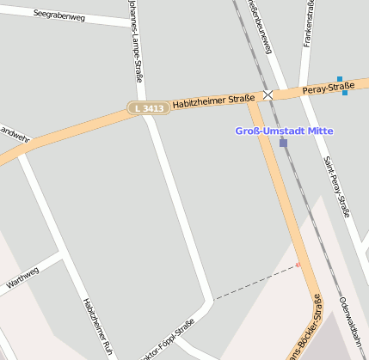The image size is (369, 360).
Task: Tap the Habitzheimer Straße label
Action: pyautogui.click(x=213, y=101)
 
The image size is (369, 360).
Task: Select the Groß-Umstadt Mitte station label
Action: pyautogui.click(x=283, y=131)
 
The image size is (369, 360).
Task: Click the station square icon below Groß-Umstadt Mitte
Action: pyautogui.click(x=283, y=143)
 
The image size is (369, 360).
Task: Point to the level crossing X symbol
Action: pyautogui.click(x=268, y=95)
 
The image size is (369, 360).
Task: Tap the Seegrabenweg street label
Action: pyautogui.click(x=58, y=15)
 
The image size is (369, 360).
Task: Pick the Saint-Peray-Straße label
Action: pyautogui.click(x=338, y=184)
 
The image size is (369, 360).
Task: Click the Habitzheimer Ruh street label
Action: pyautogui.click(x=97, y=326)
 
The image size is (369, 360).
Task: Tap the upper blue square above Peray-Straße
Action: pyautogui.click(x=340, y=80)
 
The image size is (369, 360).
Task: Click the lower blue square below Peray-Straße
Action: pyautogui.click(x=345, y=93)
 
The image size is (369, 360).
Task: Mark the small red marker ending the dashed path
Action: pyautogui.click(x=298, y=265)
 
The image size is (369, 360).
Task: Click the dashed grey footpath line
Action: pyautogui.click(x=254, y=283)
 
